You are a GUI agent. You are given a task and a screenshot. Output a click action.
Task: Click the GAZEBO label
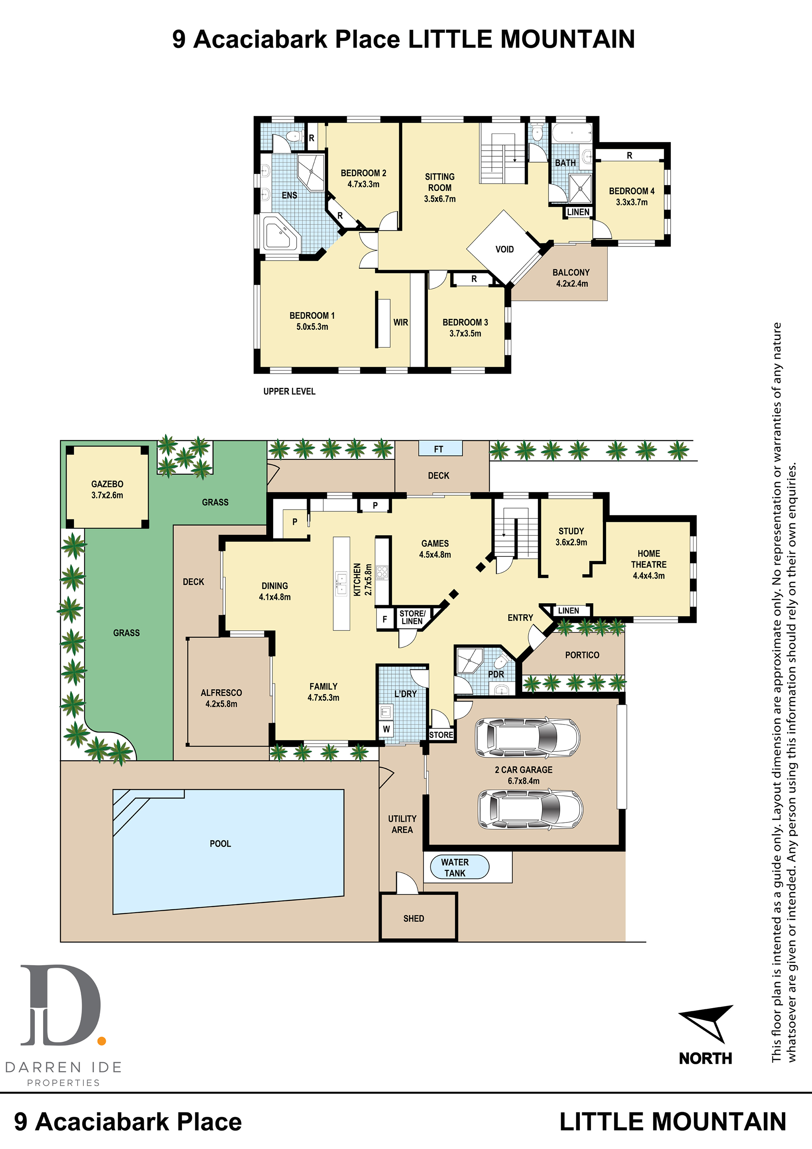[x=107, y=484]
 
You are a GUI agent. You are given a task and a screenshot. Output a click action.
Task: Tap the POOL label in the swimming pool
[x=220, y=844]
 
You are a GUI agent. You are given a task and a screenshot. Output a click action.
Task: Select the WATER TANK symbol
[x=459, y=867]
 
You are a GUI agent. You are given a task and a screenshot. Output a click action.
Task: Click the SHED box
[x=418, y=917]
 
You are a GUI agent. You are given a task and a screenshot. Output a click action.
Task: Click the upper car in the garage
[x=527, y=738]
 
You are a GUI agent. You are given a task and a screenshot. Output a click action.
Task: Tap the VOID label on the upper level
[x=504, y=249]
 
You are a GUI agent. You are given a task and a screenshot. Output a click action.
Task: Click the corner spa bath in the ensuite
[x=281, y=234]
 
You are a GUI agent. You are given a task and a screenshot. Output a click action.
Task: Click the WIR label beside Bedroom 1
[x=400, y=322]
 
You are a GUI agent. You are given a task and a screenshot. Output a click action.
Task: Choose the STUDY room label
[x=571, y=531]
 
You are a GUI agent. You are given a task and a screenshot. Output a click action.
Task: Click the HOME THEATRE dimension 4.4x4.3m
[x=649, y=576]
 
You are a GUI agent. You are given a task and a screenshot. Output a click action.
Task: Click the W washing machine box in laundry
[x=386, y=729]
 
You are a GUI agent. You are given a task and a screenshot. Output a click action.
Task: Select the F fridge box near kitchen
[x=385, y=619]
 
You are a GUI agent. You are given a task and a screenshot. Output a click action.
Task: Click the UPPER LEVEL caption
[x=289, y=392]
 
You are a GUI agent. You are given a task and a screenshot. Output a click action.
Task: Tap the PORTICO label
[x=582, y=655]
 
